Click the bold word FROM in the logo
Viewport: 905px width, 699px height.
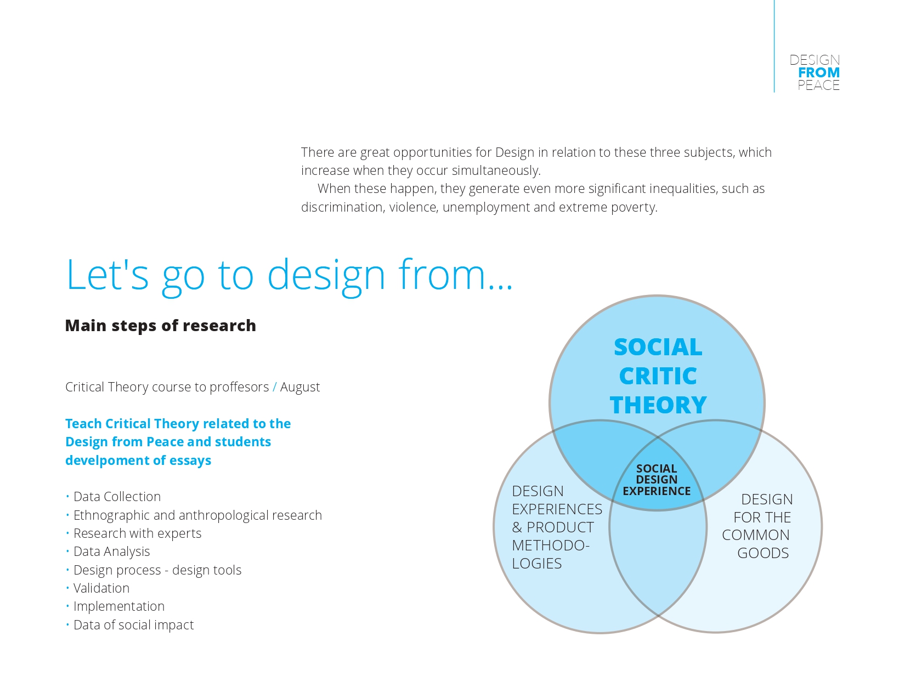(x=819, y=72)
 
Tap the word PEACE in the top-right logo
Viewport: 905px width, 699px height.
(x=818, y=85)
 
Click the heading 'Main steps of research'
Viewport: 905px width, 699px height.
(x=160, y=326)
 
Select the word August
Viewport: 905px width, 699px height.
(x=300, y=387)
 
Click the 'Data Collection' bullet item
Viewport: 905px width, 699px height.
(x=117, y=497)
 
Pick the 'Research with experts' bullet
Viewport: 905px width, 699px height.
(x=137, y=533)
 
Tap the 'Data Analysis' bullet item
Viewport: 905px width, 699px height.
(x=111, y=552)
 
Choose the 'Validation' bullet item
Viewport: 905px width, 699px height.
(x=101, y=588)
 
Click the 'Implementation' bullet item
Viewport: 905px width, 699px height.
(x=118, y=606)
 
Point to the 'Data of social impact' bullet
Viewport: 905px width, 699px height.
(x=133, y=625)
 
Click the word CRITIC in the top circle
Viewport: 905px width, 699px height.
(x=658, y=376)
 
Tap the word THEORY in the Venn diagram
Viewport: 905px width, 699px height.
(x=658, y=405)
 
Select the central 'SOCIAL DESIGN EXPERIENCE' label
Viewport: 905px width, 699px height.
(x=657, y=480)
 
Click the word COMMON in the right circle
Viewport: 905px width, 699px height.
(x=755, y=535)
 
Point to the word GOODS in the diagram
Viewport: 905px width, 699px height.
(x=762, y=553)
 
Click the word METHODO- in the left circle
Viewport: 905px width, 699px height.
(x=550, y=545)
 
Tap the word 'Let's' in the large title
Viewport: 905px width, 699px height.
(x=108, y=274)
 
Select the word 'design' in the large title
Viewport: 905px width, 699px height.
(x=326, y=274)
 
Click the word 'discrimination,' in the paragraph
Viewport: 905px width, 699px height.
(x=343, y=207)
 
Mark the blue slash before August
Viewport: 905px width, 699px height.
(x=275, y=387)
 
